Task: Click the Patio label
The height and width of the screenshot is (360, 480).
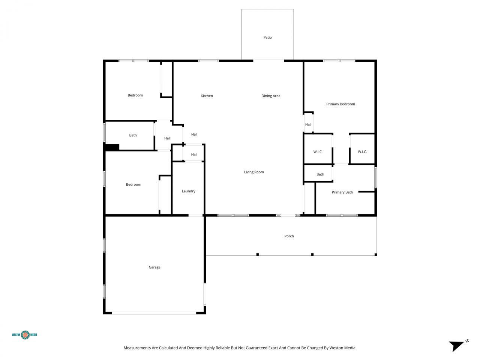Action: (267, 37)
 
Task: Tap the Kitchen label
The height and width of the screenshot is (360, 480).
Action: (207, 96)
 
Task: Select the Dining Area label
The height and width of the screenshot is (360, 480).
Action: (271, 96)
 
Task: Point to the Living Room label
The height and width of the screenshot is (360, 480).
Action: (254, 172)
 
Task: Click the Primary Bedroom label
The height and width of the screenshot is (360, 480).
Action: (340, 104)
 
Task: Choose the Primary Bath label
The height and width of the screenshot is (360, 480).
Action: (342, 192)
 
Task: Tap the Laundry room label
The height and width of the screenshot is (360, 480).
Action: (188, 191)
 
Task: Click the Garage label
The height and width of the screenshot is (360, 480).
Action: (154, 267)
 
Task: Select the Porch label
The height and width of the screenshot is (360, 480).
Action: (289, 236)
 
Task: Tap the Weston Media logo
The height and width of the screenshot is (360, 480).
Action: (25, 334)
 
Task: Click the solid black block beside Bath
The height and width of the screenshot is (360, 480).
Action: (112, 147)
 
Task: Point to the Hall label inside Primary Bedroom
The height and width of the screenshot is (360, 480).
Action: (308, 125)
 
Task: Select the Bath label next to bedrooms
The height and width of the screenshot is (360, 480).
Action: (133, 135)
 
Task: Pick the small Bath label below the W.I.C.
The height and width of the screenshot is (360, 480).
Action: (320, 174)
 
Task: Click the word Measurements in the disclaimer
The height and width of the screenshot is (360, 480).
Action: (137, 348)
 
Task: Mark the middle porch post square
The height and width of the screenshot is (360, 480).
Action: (312, 255)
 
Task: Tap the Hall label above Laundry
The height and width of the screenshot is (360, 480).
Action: (194, 154)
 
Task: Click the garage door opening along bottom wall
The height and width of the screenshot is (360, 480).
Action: (154, 313)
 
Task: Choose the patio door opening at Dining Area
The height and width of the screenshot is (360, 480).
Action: (268, 60)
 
